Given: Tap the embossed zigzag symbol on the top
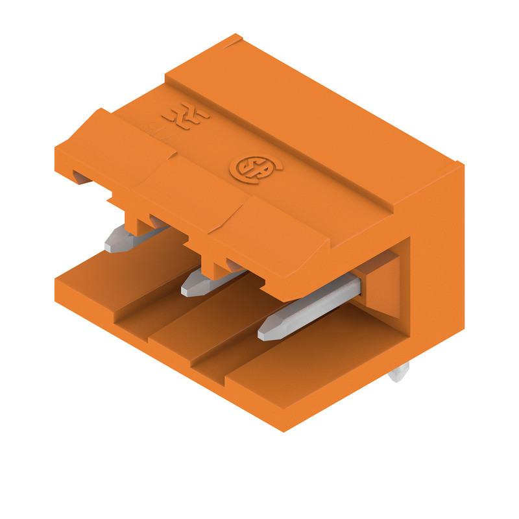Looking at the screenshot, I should (x=186, y=117).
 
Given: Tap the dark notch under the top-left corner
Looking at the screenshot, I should (x=81, y=176).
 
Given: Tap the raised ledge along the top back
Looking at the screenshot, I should (x=311, y=104).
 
